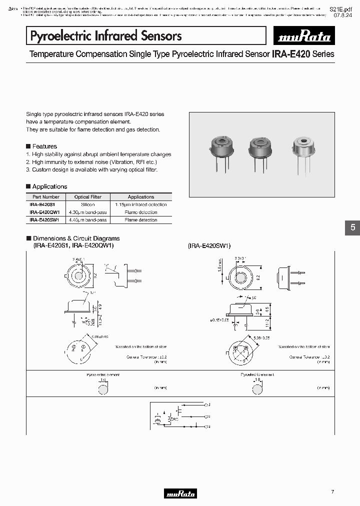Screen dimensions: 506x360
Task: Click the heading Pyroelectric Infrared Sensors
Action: pos(106,35)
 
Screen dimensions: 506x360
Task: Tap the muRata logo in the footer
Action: pos(180,493)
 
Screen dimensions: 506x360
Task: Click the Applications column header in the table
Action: pos(141,197)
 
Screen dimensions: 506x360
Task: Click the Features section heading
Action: pos(44,146)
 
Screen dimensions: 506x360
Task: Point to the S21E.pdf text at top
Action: pos(342,9)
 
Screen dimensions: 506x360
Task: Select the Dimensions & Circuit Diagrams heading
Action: pos(76,238)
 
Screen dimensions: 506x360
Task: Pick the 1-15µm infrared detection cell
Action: pos(141,204)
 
